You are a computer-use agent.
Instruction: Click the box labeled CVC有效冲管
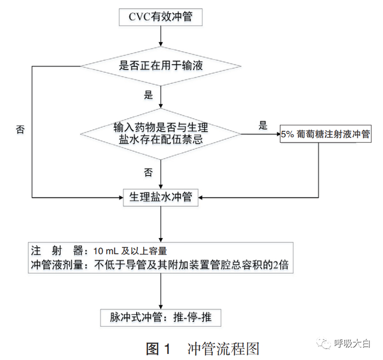(x=160, y=16)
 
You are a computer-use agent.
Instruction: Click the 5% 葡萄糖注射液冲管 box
(x=326, y=133)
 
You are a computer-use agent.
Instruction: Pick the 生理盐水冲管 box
(x=160, y=197)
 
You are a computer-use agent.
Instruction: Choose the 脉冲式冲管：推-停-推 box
(x=161, y=317)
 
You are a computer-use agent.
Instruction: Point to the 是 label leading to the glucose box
(x=263, y=124)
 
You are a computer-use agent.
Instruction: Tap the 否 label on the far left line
(x=20, y=130)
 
